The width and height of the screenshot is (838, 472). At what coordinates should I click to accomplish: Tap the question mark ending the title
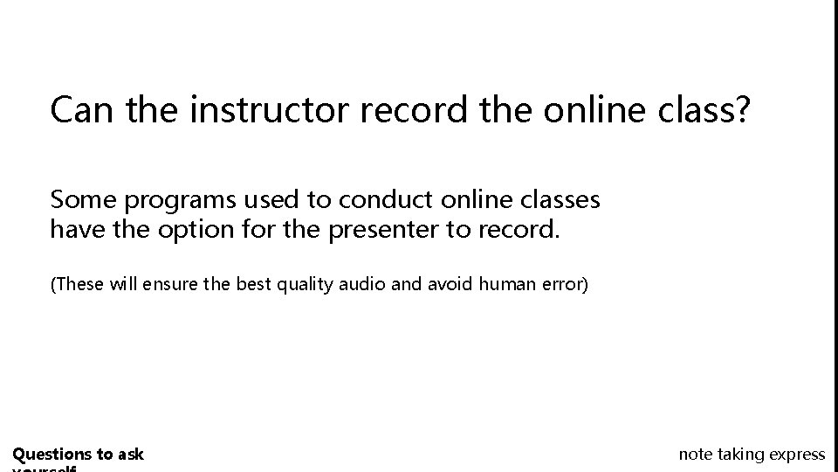click(740, 109)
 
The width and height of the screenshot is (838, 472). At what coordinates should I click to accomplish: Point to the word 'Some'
click(84, 200)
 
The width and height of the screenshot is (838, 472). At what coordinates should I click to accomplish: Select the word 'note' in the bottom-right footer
click(695, 454)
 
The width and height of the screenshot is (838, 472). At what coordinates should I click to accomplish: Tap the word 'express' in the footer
click(796, 455)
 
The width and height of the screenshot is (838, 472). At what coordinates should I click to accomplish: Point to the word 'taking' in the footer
click(740, 454)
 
